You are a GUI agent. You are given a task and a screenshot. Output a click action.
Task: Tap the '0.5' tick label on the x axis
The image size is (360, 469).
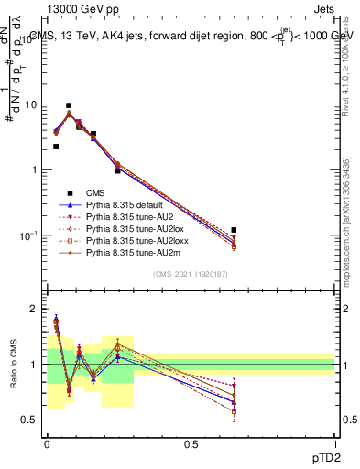pyautogui.click(x=191, y=442)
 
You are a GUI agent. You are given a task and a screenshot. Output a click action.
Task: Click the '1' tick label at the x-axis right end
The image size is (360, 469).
pyautogui.click(x=334, y=442)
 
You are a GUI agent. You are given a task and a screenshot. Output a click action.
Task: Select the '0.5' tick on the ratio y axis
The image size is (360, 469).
pyautogui.click(x=32, y=420)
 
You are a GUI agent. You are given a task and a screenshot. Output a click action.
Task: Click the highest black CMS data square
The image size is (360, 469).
pyautogui.click(x=69, y=105)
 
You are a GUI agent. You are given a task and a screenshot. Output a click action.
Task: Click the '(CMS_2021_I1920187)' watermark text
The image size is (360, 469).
pyautogui.click(x=191, y=274)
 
